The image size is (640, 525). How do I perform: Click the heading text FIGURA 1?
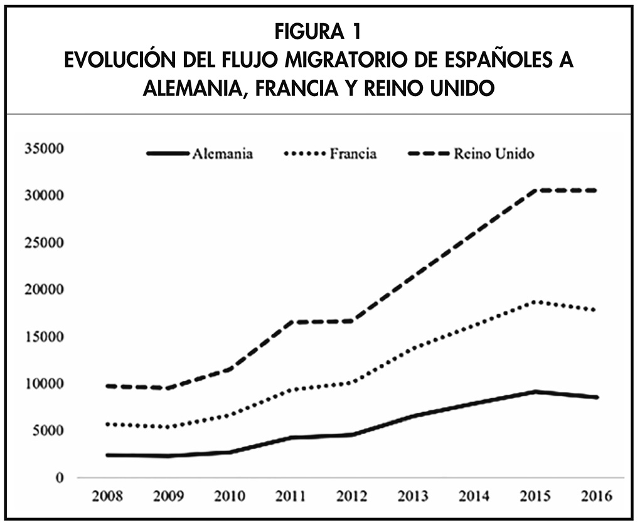point(320,30)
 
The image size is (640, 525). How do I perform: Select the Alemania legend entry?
point(223,154)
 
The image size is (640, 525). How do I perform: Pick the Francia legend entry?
point(353,154)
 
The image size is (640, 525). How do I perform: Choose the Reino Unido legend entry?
point(494,154)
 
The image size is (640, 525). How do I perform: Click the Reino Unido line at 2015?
point(535,190)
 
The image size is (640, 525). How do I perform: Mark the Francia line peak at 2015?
point(535,302)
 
